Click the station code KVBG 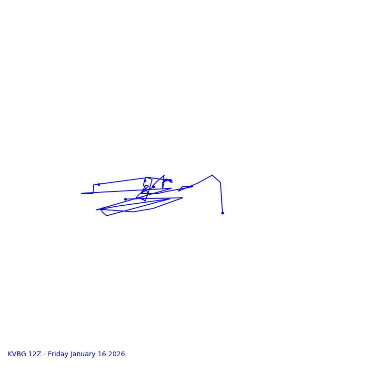pyautogui.click(x=17, y=354)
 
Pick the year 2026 pyautogui.click(x=118, y=354)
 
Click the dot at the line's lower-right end pyautogui.click(x=222, y=213)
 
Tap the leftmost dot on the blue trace pyautogui.click(x=99, y=184)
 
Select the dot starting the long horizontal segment pyautogui.click(x=125, y=199)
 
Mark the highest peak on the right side pyautogui.click(x=212, y=175)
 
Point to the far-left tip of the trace pyautogui.click(x=81, y=193)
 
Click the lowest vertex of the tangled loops pyautogui.click(x=107, y=216)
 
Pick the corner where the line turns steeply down pyautogui.click(x=221, y=182)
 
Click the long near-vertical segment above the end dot pyautogui.click(x=221, y=198)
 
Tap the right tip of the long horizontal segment pyautogui.click(x=182, y=198)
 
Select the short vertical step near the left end pyautogui.click(x=93, y=189)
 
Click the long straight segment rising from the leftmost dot pyautogui.click(x=122, y=181)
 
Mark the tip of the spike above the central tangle pyautogui.click(x=164, y=175)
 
